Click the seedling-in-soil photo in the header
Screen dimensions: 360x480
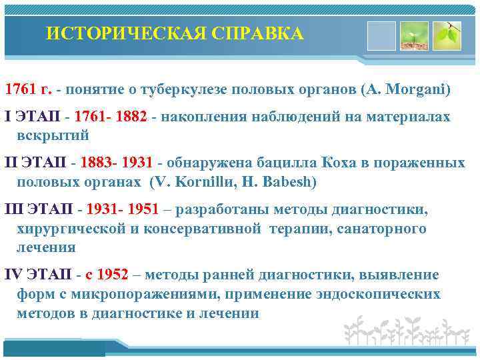click(x=413, y=35)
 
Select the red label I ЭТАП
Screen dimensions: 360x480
click(x=33, y=117)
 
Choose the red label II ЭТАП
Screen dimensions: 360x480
click(x=36, y=163)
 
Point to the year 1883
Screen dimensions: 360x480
click(x=97, y=163)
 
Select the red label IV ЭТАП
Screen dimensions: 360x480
click(x=38, y=275)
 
